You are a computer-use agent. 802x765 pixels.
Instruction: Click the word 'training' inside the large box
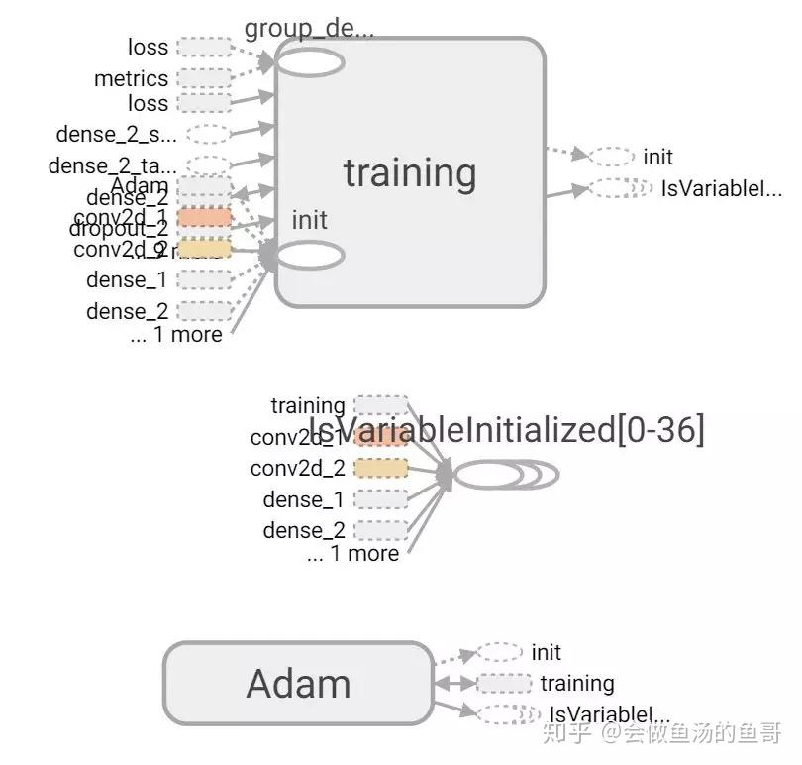tap(409, 173)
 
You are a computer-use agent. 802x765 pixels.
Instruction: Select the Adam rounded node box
tap(298, 684)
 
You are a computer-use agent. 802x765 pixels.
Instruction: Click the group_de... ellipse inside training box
tap(310, 62)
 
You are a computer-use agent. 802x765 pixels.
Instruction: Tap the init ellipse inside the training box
tap(310, 256)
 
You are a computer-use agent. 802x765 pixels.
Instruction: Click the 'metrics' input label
tap(132, 78)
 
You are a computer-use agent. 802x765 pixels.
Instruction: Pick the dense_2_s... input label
tap(116, 134)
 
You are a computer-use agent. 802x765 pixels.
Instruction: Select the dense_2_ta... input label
tap(112, 165)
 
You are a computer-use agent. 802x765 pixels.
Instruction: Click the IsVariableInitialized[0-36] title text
tap(507, 430)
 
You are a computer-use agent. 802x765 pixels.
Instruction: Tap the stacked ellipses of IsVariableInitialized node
tap(506, 475)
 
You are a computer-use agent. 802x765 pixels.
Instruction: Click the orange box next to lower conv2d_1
tap(380, 437)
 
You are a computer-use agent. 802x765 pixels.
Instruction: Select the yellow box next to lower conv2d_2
tap(380, 468)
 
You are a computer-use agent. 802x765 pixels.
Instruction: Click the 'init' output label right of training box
tap(657, 157)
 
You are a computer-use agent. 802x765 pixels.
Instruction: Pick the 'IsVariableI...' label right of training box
tap(721, 188)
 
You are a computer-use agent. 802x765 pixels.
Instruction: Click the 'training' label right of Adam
tap(576, 683)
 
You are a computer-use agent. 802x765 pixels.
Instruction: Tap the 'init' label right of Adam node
tap(546, 652)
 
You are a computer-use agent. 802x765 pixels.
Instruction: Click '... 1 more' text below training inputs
tap(175, 335)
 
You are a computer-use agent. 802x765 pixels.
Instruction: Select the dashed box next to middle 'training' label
tap(380, 404)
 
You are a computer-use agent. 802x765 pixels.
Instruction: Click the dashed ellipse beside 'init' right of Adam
tap(499, 652)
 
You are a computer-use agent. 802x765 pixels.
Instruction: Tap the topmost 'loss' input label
tap(148, 47)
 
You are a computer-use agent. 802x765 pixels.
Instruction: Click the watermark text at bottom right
tap(672, 733)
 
